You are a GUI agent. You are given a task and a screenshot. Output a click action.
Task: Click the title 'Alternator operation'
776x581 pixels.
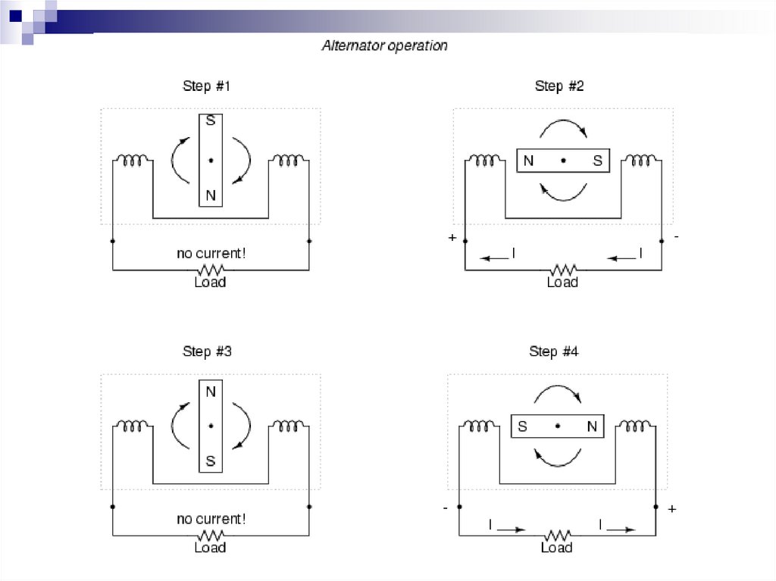coord(384,46)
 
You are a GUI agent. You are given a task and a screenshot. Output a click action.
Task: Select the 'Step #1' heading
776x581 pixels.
coord(206,86)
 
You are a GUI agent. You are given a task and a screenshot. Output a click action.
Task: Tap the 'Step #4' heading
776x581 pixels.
coord(553,351)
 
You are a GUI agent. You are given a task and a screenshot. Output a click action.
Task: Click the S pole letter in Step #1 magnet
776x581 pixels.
coord(211,121)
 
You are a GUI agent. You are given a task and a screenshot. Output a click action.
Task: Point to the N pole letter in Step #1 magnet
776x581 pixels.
coord(211,195)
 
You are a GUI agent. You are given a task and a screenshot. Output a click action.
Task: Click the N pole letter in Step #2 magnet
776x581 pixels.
coord(528,161)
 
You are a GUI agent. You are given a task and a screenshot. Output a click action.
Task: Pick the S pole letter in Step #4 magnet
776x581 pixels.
coord(522,426)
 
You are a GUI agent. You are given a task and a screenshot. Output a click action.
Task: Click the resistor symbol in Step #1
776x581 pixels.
coord(211,270)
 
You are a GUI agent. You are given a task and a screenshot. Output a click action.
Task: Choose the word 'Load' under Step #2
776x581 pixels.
coord(562,283)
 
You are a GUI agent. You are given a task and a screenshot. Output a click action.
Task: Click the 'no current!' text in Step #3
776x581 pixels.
coord(211,520)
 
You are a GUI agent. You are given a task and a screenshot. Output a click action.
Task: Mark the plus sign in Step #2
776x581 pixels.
coord(452,238)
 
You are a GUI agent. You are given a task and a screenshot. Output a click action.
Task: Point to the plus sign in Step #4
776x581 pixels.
coord(671,509)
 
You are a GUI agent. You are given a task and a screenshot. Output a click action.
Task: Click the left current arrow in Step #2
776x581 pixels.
coord(496,258)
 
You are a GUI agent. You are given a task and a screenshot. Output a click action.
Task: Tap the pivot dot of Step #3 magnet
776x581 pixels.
coord(211,426)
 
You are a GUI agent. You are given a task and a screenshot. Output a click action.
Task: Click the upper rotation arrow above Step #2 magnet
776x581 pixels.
coord(563,127)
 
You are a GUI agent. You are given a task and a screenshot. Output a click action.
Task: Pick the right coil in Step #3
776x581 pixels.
coord(288,426)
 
